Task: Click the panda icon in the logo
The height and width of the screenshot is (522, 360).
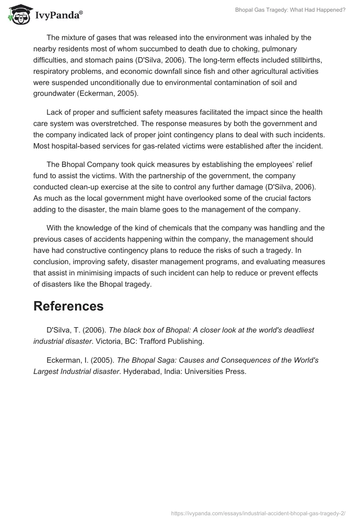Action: [x=18, y=14]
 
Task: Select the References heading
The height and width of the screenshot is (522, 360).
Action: [x=68, y=306]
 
